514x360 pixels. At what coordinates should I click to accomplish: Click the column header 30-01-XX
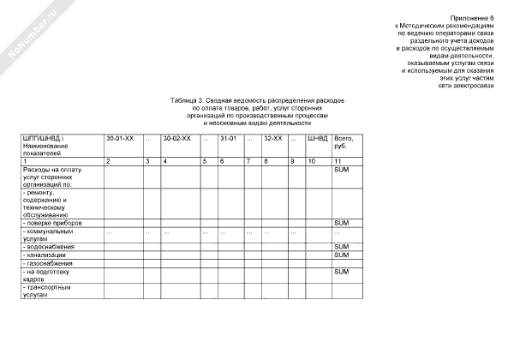(x=119, y=138)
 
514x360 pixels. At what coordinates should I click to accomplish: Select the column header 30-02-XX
(x=176, y=138)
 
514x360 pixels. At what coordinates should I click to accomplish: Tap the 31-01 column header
(x=228, y=138)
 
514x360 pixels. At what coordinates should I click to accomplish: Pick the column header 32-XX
(x=273, y=138)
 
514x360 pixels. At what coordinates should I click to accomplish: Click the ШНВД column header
(x=317, y=138)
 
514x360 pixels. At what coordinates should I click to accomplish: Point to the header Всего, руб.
(x=344, y=141)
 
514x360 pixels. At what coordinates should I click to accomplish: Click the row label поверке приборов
(x=53, y=223)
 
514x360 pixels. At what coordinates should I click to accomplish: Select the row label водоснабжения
(x=51, y=247)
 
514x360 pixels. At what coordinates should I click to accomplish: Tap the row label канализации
(x=48, y=255)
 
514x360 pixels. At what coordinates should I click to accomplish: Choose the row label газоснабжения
(x=51, y=263)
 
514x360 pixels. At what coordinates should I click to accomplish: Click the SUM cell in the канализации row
(x=341, y=255)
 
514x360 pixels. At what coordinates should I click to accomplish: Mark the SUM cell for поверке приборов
(x=341, y=223)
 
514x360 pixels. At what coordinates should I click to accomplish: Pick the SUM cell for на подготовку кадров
(x=341, y=272)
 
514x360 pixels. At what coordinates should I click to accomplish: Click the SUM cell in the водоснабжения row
(x=341, y=247)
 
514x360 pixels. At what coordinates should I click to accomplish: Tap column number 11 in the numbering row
(x=337, y=161)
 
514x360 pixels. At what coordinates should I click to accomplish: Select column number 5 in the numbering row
(x=205, y=161)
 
